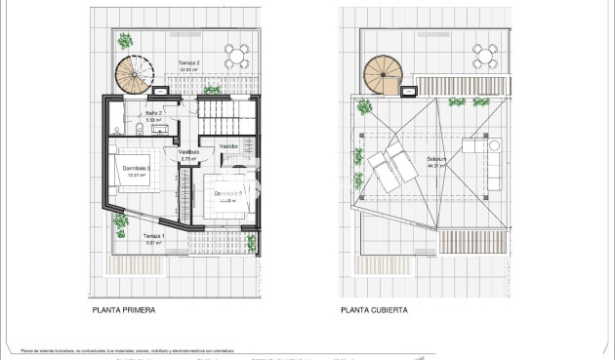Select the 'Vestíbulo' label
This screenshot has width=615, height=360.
click(x=189, y=152)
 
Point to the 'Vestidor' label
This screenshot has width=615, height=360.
click(x=228, y=146)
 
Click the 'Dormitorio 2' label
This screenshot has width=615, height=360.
click(x=135, y=169)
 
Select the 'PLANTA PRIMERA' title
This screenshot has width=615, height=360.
click(x=124, y=310)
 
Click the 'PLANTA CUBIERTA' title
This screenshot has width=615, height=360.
click(x=374, y=310)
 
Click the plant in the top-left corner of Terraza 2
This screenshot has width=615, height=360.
click(x=125, y=42)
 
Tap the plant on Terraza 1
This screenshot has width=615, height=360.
click(x=121, y=223)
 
